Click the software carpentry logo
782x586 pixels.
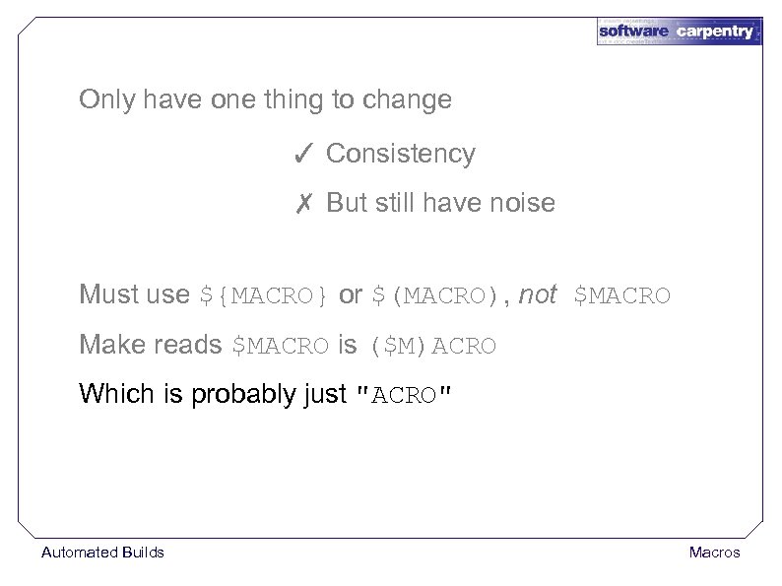click(679, 31)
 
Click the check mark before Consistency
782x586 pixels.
click(303, 154)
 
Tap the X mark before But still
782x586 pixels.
click(303, 204)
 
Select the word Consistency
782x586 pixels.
click(400, 154)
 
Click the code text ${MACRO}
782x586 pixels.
click(264, 295)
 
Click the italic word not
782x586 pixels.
click(537, 294)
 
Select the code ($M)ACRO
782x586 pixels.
click(432, 347)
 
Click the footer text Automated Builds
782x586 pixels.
click(102, 553)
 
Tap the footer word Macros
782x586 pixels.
click(714, 553)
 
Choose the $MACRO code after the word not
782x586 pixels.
click(621, 295)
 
